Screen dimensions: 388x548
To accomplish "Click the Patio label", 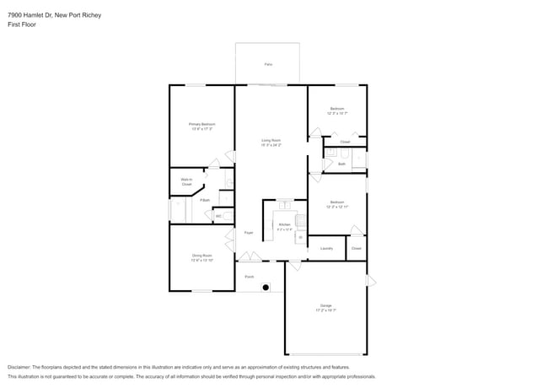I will [268, 64].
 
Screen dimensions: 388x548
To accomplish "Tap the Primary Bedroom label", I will [201, 125].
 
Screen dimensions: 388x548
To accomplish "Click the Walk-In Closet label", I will [186, 181].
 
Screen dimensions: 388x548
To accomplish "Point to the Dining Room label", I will [201, 256].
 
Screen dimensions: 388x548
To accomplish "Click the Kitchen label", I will [284, 225].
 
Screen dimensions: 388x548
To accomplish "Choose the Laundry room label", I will [326, 248].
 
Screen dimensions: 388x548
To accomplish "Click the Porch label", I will [250, 276].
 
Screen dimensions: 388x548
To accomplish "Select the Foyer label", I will [249, 232].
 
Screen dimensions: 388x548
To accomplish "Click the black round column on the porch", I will [266, 288].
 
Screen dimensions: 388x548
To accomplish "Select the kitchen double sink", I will [285, 204].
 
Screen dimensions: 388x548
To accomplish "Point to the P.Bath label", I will [205, 200].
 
